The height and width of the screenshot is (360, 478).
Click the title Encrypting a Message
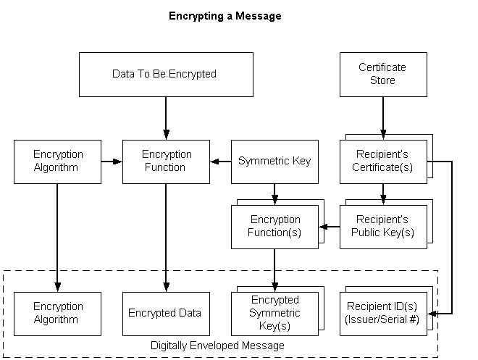coord(225,15)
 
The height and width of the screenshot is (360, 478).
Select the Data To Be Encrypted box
coord(165,74)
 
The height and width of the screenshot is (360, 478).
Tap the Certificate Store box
coord(382,74)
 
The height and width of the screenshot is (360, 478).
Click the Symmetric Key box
coord(274,161)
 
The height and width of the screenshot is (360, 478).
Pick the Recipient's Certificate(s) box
coord(383,161)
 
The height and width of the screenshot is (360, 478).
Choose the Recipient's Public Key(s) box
coord(383,226)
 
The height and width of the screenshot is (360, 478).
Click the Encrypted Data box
coord(165,313)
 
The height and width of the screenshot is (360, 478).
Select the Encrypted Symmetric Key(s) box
coord(274,313)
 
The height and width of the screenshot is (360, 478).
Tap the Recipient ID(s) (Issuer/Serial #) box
coord(383,313)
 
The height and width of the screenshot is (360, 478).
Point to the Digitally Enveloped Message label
coord(217,346)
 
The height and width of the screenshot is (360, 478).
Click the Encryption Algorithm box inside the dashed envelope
coord(57,313)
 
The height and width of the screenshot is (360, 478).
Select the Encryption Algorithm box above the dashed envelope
coord(57,161)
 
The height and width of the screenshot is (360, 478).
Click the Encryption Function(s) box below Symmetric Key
coord(274,226)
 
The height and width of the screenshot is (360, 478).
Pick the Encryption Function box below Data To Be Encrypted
coord(166,161)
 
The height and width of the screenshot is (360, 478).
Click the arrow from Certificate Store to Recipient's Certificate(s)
coord(383,116)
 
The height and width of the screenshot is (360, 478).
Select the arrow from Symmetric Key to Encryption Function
coord(221,161)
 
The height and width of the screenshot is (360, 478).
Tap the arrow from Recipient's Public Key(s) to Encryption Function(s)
coord(330,227)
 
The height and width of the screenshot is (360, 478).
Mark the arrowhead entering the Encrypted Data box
coord(166,288)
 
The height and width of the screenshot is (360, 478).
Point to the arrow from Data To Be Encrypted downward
coord(166,116)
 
